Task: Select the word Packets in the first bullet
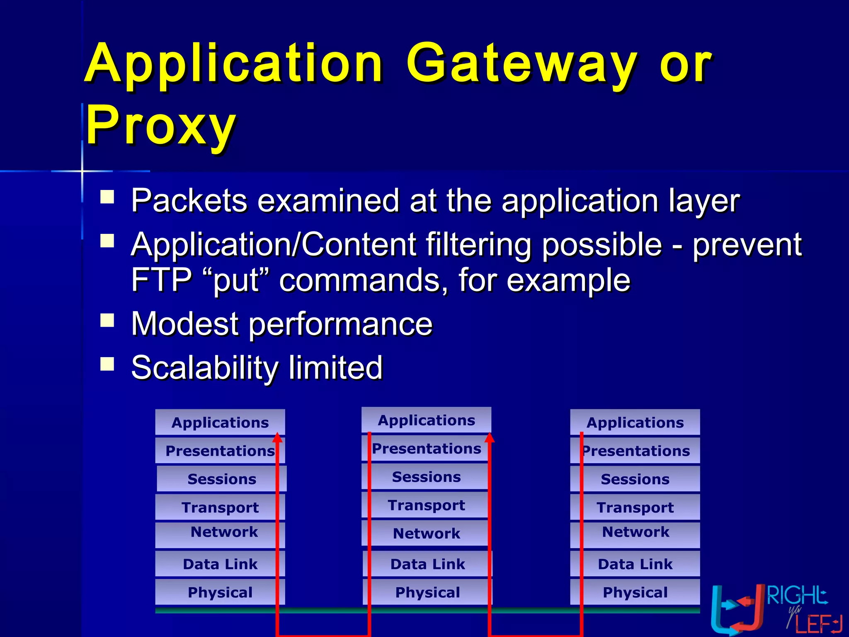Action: tap(189, 201)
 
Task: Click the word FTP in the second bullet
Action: tap(161, 280)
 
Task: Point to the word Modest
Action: tap(184, 324)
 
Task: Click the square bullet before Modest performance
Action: tap(107, 321)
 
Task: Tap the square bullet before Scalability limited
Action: tap(107, 364)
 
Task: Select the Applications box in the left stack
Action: tap(220, 423)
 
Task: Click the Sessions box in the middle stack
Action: tap(426, 477)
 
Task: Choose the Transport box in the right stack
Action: tap(635, 507)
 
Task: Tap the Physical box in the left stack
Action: tap(220, 592)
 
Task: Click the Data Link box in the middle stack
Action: tap(427, 564)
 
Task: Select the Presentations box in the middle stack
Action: tap(426, 449)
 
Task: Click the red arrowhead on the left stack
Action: tap(278, 438)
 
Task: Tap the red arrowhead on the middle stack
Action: tap(490, 438)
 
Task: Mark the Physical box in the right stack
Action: tap(635, 592)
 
